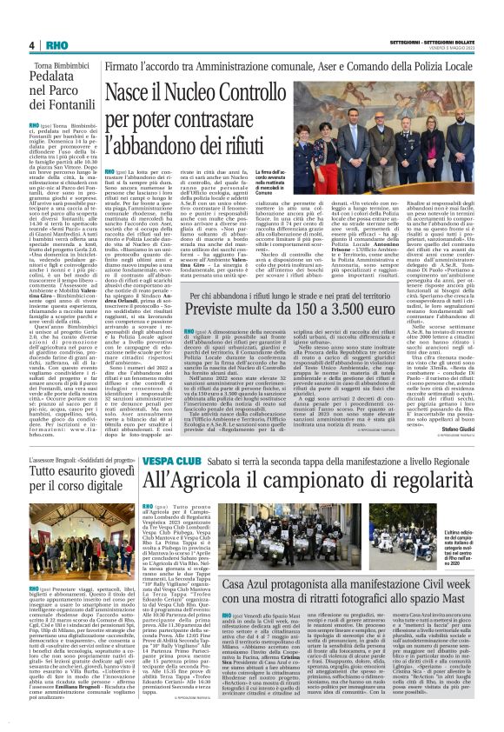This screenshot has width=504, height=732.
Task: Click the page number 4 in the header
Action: coord(31,45)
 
